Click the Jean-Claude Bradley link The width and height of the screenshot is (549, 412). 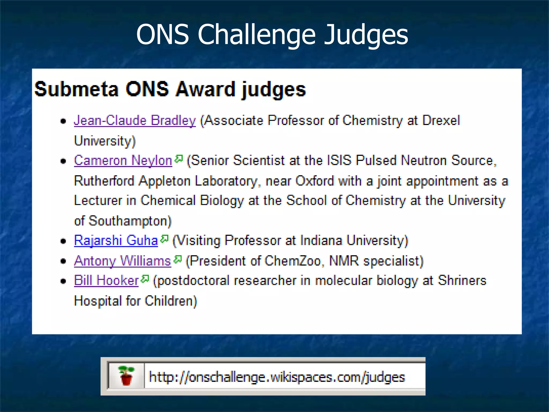click(x=135, y=120)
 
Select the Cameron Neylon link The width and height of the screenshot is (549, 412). click(x=123, y=161)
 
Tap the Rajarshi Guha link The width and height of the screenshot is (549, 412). click(x=116, y=240)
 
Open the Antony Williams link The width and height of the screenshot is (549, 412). click(x=123, y=261)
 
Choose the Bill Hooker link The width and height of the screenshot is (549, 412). click(x=106, y=281)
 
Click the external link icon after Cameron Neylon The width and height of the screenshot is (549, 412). click(x=179, y=159)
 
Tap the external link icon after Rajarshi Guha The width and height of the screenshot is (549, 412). click(x=164, y=239)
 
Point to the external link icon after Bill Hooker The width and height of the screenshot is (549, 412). click(x=145, y=279)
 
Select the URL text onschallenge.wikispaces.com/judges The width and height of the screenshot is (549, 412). click(x=277, y=377)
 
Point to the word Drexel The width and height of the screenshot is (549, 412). click(x=441, y=120)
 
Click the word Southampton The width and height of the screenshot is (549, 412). click(x=130, y=221)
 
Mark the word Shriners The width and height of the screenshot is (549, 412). click(x=462, y=281)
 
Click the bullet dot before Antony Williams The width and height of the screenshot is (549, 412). click(x=63, y=261)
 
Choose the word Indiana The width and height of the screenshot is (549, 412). click(x=321, y=240)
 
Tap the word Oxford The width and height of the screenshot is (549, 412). click(x=315, y=181)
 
